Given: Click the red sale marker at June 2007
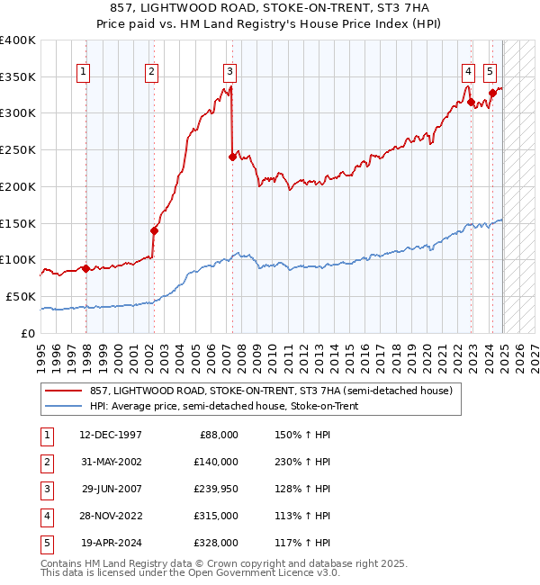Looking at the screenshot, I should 232,157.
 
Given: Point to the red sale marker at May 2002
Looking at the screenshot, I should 154,229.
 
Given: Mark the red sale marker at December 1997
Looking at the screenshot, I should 85,267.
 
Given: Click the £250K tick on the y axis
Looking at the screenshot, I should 18,149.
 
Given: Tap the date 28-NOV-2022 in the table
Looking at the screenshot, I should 110,516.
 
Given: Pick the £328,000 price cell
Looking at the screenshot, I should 216,543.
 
